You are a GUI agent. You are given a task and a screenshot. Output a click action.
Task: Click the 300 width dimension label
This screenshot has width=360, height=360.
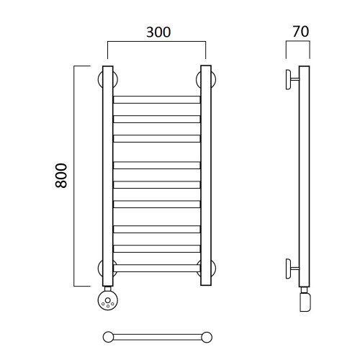click(x=158, y=32)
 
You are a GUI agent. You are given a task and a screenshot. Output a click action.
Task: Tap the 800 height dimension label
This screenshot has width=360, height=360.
click(x=61, y=176)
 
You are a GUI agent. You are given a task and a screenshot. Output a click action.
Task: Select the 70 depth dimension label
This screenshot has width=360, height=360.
click(x=301, y=32)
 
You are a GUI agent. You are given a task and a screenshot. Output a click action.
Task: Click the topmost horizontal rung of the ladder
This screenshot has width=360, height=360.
click(x=157, y=99)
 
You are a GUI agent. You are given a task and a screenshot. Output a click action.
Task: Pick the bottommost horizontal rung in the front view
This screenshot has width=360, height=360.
click(x=157, y=268)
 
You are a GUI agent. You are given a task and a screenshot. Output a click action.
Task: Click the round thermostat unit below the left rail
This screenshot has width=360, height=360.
click(x=108, y=300)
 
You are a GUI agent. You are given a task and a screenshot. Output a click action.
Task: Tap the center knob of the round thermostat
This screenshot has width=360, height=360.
click(x=108, y=300)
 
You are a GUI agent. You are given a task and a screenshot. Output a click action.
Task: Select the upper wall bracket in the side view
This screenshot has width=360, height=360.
click(x=292, y=79)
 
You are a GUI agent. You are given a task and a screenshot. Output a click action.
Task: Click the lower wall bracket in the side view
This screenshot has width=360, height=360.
click(x=292, y=269)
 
